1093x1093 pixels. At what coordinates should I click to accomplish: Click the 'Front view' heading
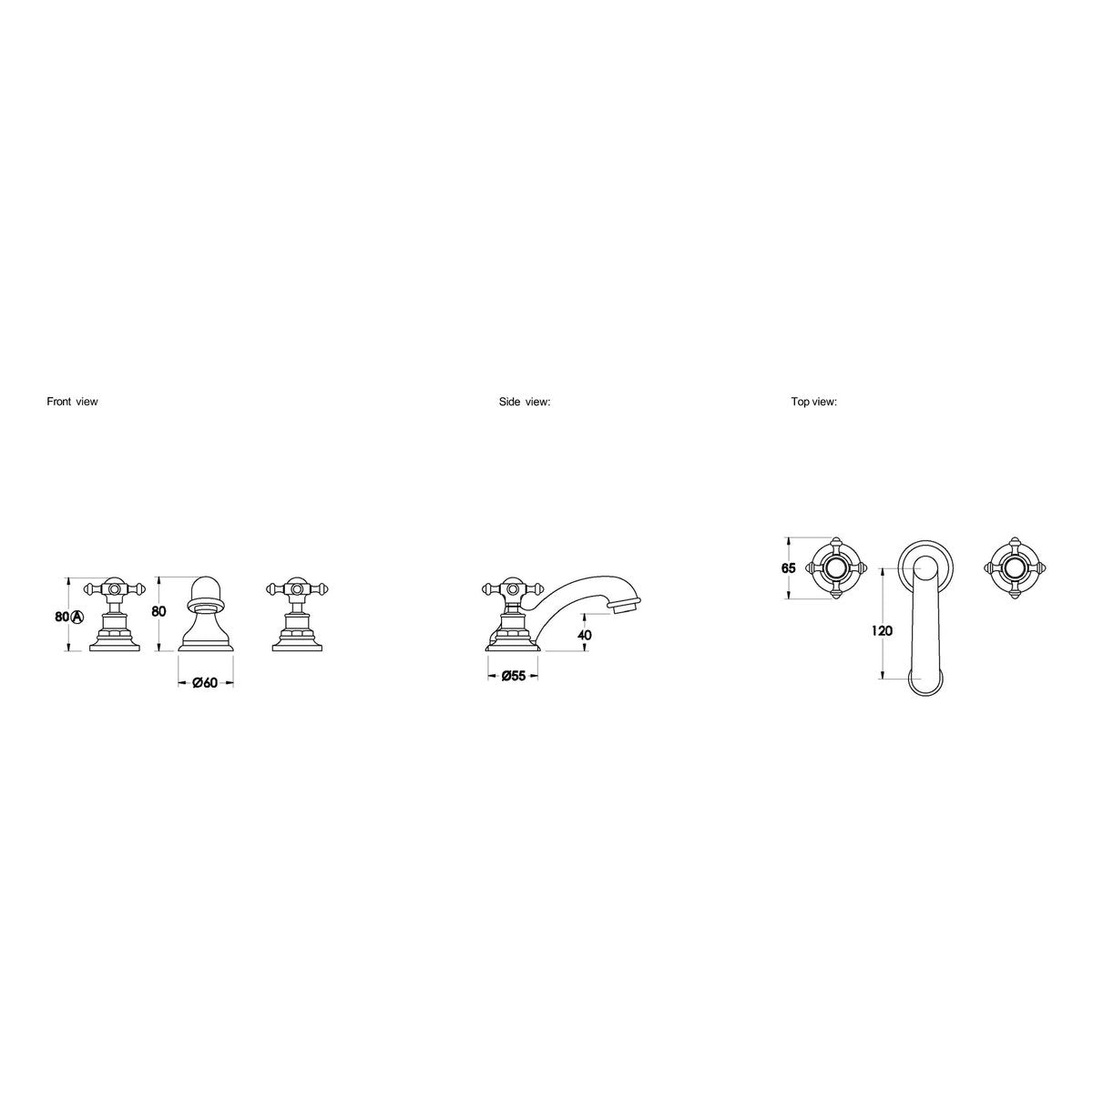[x=72, y=402]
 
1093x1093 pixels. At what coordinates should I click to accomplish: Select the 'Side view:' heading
[x=525, y=402]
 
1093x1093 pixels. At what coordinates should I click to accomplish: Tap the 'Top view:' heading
[x=814, y=402]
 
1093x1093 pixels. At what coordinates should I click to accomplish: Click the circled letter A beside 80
[x=77, y=617]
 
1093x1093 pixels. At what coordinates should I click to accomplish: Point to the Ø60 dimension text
[x=205, y=683]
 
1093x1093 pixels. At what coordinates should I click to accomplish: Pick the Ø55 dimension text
[x=514, y=676]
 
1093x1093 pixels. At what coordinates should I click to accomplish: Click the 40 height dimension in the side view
[x=584, y=635]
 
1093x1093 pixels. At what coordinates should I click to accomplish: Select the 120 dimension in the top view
[x=882, y=630]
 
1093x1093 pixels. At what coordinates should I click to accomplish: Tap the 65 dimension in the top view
[x=789, y=567]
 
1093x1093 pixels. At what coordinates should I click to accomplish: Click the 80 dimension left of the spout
[x=158, y=611]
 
